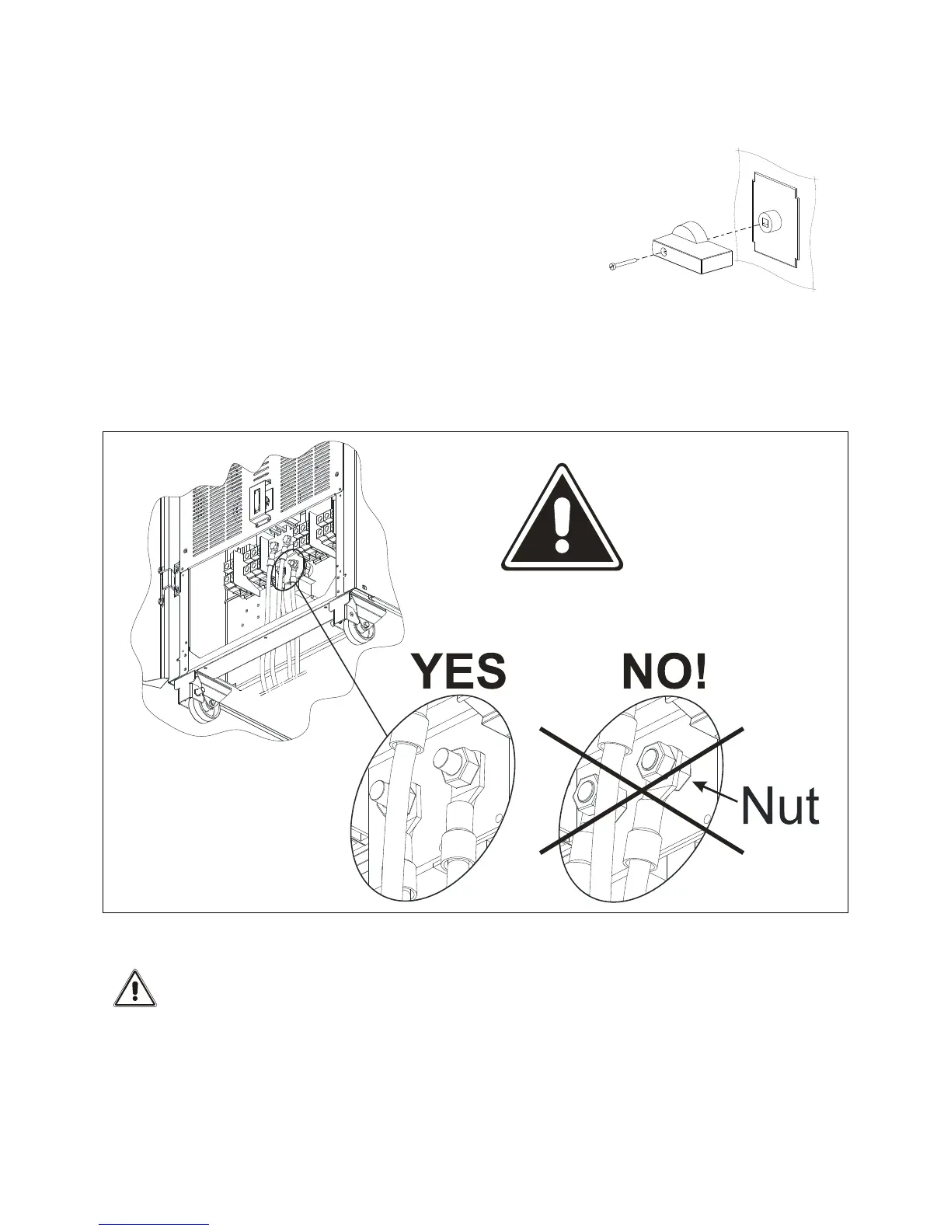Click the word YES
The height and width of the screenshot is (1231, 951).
(458, 673)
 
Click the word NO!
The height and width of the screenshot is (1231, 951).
(664, 673)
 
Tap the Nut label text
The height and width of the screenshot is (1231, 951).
(779, 807)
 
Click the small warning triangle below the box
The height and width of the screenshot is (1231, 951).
(135, 989)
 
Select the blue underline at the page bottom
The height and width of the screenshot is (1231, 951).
(155, 1225)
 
